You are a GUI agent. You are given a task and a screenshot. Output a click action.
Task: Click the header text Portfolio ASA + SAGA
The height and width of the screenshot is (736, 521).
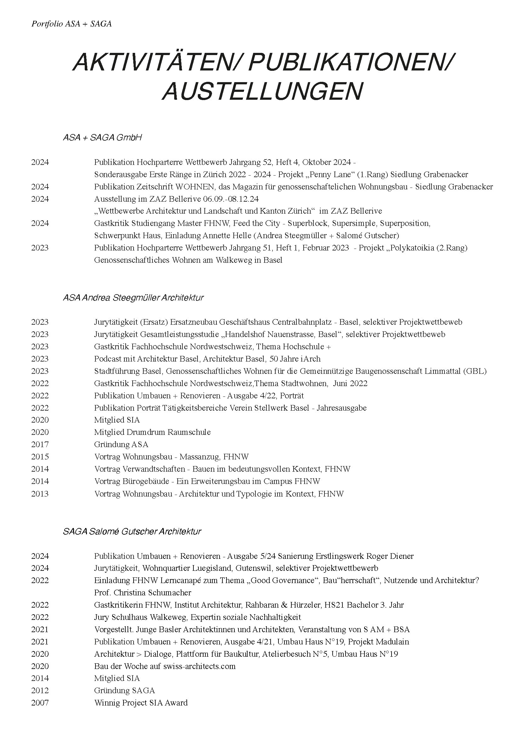click(72, 24)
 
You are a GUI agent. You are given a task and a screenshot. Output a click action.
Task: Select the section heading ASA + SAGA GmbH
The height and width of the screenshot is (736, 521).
click(102, 138)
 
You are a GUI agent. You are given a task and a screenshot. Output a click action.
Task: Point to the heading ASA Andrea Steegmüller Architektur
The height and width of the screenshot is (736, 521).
click(133, 297)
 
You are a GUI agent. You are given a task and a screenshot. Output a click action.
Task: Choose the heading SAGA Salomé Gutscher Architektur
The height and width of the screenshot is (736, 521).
click(132, 531)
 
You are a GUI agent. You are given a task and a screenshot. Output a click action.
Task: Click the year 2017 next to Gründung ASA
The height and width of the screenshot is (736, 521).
click(40, 444)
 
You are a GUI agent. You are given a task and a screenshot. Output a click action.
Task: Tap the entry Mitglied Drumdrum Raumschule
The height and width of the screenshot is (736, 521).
click(152, 432)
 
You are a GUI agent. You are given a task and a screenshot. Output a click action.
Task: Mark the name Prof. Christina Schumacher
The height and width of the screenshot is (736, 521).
click(142, 593)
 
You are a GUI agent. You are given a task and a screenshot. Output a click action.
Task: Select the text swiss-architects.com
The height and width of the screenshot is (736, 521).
click(199, 666)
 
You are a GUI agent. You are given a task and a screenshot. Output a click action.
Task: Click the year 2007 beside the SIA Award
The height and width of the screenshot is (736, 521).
click(40, 703)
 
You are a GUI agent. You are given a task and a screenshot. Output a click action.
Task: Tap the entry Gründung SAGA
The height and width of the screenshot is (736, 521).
click(124, 690)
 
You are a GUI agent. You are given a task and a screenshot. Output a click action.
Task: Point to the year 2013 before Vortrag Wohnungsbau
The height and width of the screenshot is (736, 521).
click(40, 494)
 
